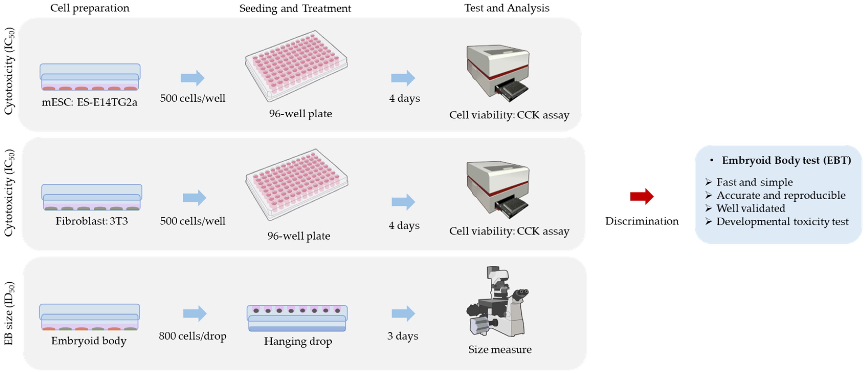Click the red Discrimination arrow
pyautogui.click(x=641, y=196)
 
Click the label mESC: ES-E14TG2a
pyautogui.click(x=89, y=102)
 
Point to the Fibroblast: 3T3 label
pyautogui.click(x=92, y=221)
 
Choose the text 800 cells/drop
pyautogui.click(x=193, y=336)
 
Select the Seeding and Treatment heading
pyautogui.click(x=295, y=8)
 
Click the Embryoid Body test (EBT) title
pyautogui.click(x=786, y=160)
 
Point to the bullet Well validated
pyautogui.click(x=751, y=208)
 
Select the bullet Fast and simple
pyautogui.click(x=754, y=182)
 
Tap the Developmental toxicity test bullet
pyautogui.click(x=782, y=221)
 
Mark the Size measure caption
pyautogui.click(x=500, y=349)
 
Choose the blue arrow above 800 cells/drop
pyautogui.click(x=195, y=313)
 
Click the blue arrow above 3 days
pyautogui.click(x=403, y=313)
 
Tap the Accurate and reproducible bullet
pyautogui.click(x=781, y=195)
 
